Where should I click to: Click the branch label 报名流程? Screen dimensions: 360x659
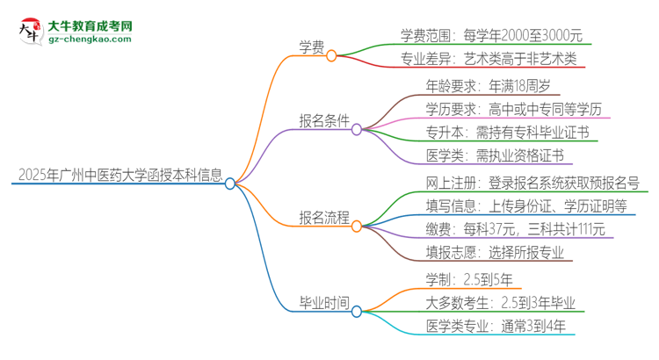(323, 217)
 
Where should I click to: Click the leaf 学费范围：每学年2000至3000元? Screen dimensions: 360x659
(491, 36)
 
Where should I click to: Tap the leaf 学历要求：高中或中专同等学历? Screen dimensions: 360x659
(514, 110)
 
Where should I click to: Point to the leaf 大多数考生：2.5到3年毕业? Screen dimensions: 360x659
(499, 303)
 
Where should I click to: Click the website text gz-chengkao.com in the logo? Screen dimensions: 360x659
(90, 40)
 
